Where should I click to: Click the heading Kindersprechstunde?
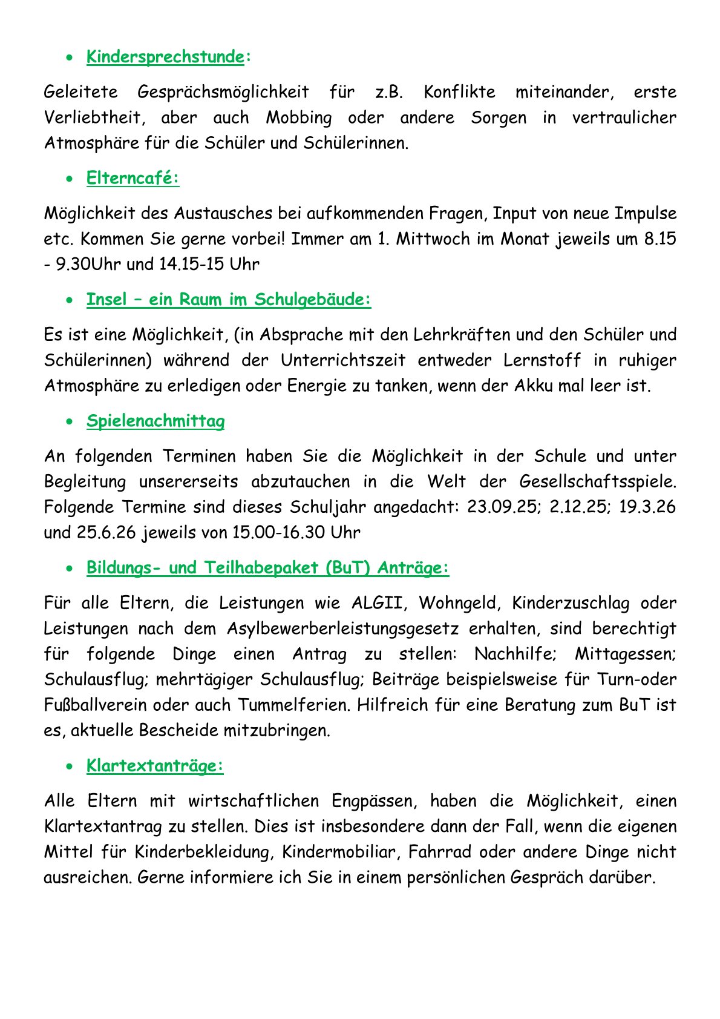point(165,57)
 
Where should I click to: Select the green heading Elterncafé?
point(133,178)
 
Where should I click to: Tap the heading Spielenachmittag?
point(155,421)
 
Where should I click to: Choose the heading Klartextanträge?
point(155,765)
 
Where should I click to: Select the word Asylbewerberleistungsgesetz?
point(343,628)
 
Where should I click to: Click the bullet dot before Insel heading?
point(71,300)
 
